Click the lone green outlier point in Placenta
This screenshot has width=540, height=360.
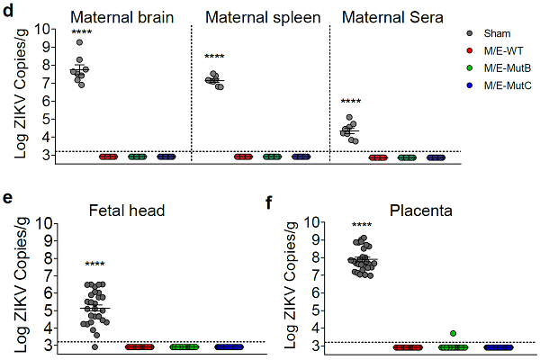(441, 334)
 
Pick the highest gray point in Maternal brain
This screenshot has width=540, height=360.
(80, 42)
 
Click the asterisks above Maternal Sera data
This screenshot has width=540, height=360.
(351, 102)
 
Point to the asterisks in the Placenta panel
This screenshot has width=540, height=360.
(362, 225)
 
